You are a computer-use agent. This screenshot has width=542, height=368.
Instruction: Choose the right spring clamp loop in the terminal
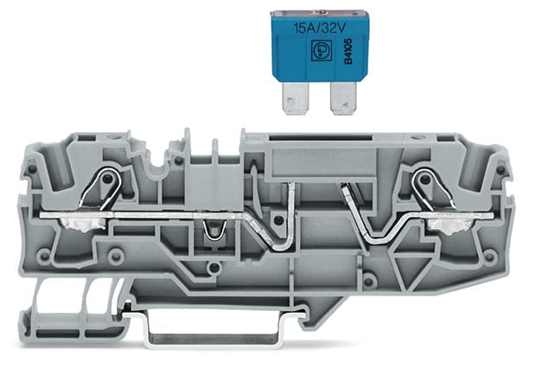pyautogui.click(x=423, y=183)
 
